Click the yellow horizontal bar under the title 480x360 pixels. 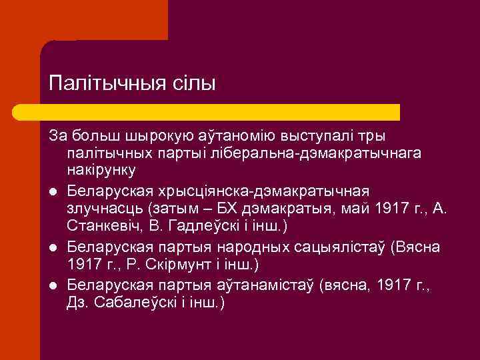(x=220, y=112)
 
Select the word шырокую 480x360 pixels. (x=157, y=136)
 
